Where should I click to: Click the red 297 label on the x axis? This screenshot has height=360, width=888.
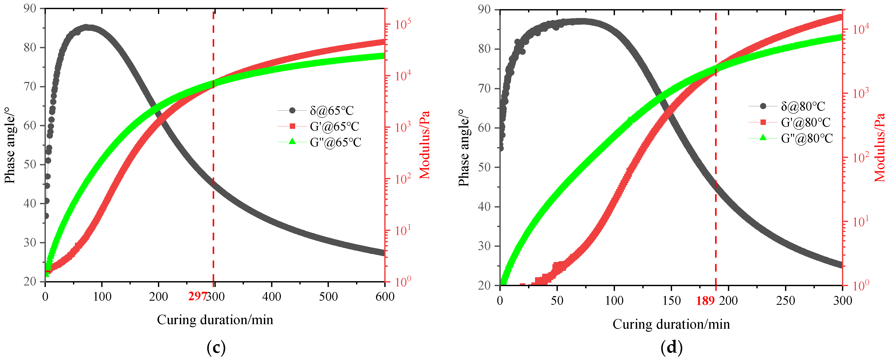(x=197, y=296)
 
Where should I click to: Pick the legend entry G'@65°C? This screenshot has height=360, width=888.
(x=334, y=126)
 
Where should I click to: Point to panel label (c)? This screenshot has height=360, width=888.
(x=216, y=348)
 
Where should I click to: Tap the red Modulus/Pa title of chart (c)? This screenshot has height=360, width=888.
(x=425, y=145)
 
